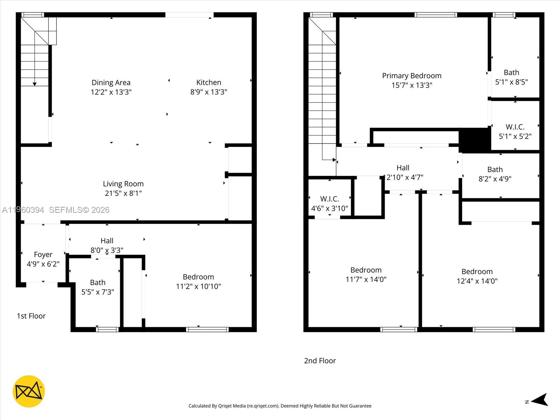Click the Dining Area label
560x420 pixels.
tap(111, 83)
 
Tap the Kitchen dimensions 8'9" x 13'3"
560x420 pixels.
tap(209, 92)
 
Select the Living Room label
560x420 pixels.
tap(123, 184)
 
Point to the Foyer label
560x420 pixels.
tap(43, 255)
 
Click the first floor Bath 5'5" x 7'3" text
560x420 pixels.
tap(98, 287)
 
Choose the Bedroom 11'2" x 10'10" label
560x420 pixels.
tap(198, 281)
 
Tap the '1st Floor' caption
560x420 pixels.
tap(31, 316)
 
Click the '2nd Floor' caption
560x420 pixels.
tap(320, 361)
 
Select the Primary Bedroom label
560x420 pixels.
tap(412, 76)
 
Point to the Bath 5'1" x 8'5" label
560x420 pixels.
tap(511, 77)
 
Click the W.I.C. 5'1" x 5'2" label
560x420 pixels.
tap(515, 131)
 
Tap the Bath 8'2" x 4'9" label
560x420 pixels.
tap(495, 174)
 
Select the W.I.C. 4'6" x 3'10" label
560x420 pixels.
tap(329, 204)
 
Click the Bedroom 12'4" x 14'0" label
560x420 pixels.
tap(477, 276)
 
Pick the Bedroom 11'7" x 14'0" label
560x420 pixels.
tap(366, 274)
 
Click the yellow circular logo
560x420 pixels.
tap(29, 391)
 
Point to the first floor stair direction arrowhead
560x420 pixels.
tap(35, 84)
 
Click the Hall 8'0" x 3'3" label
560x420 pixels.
tap(107, 245)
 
